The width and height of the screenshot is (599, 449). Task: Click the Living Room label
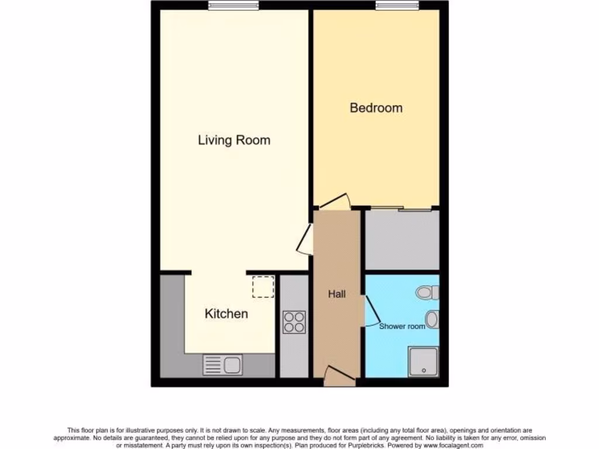pyautogui.click(x=234, y=140)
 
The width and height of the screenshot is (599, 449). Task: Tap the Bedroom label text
pyautogui.click(x=376, y=108)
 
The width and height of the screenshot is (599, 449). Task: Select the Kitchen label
pyautogui.click(x=226, y=314)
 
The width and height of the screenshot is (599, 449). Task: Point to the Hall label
pyautogui.click(x=336, y=295)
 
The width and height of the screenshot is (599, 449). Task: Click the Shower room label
pyautogui.click(x=402, y=326)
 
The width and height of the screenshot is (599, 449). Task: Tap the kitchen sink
pyautogui.click(x=223, y=365)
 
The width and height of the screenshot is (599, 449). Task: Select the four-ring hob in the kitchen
pyautogui.click(x=294, y=322)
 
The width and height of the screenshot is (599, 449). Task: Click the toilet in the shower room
pyautogui.click(x=428, y=292)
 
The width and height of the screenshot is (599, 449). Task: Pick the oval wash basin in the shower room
pyautogui.click(x=432, y=319)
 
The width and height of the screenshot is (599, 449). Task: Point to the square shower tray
pyautogui.click(x=423, y=362)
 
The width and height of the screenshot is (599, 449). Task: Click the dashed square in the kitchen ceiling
pyautogui.click(x=263, y=287)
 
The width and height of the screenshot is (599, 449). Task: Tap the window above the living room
pyautogui.click(x=233, y=5)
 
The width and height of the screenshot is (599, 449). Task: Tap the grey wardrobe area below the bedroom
pyautogui.click(x=402, y=240)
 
